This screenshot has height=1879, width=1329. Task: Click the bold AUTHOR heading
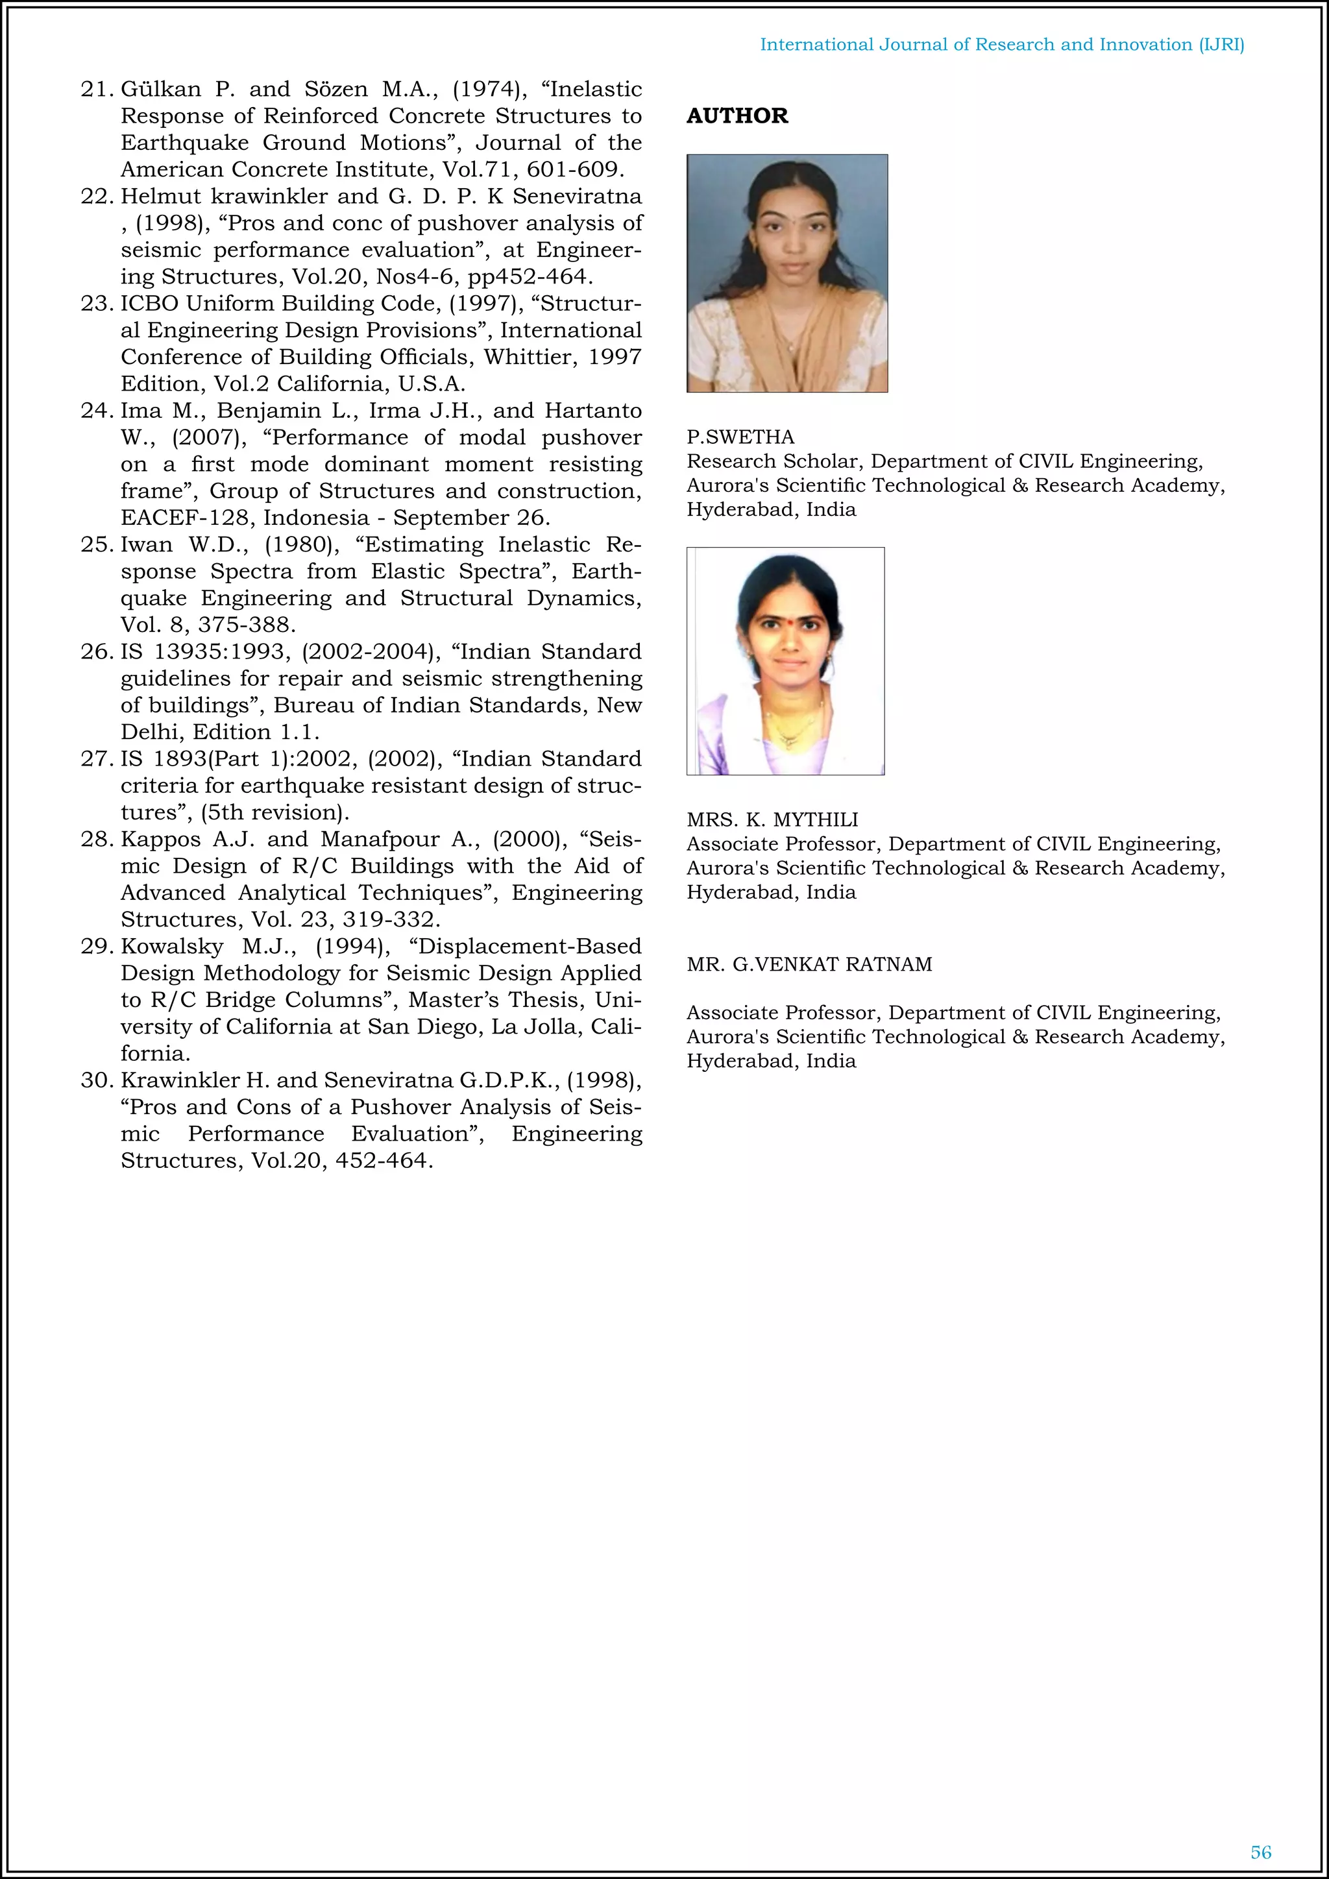[x=737, y=116]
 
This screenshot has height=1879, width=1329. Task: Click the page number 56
[x=1260, y=1852]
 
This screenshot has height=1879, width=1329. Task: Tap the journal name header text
[x=1002, y=44]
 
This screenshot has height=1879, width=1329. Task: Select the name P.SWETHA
[x=740, y=437]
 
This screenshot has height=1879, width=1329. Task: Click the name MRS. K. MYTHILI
[x=772, y=819]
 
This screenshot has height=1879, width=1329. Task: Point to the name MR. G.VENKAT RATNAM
[x=809, y=964]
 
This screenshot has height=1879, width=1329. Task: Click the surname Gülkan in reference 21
[x=156, y=89]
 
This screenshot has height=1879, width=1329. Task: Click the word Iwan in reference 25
[x=145, y=544]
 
